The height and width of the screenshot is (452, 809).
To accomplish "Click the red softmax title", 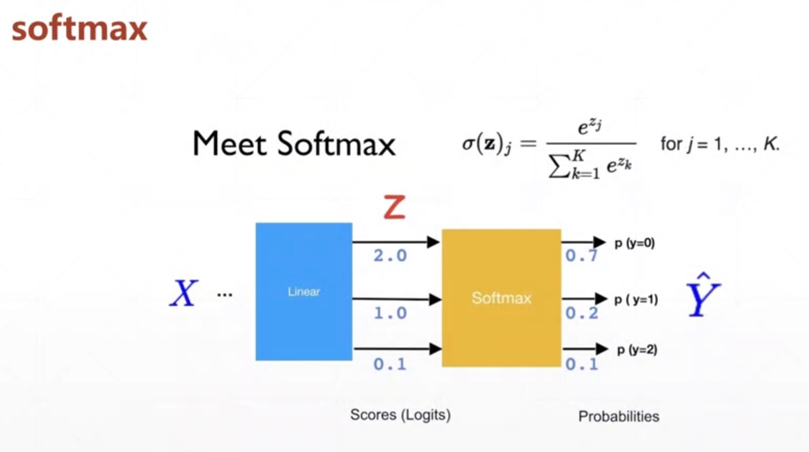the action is [80, 29].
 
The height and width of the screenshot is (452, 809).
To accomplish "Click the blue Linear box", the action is [304, 291].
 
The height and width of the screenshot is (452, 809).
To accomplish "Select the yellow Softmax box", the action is [501, 298].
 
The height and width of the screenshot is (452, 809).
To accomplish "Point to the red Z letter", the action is [394, 207].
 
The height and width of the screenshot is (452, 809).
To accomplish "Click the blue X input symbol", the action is [184, 294].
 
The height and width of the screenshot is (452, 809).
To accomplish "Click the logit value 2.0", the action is [390, 256].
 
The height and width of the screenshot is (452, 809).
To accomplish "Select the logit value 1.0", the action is [390, 313].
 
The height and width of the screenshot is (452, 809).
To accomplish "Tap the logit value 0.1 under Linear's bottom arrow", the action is [390, 364].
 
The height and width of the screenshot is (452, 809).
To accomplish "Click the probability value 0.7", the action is [581, 256].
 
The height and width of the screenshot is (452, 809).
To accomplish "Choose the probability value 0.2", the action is [581, 313].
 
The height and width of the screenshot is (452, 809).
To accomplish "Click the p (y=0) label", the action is [635, 243].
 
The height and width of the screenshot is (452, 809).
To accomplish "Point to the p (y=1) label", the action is [636, 299].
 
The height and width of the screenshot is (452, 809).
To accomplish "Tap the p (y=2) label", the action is [636, 349].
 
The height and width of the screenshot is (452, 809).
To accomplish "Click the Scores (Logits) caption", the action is [400, 415].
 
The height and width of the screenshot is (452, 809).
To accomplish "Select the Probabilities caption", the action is [619, 417].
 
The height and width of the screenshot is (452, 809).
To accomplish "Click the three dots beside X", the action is [224, 295].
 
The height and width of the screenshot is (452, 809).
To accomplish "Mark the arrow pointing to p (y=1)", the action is [584, 299].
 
